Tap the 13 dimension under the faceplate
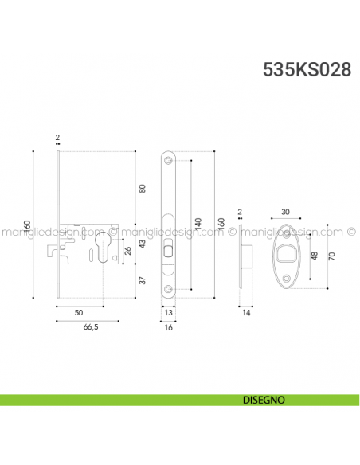170,313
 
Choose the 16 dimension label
170,327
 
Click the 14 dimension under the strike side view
248,313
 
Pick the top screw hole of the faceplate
170,160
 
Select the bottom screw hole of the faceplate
170,290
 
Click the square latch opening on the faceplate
168,252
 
